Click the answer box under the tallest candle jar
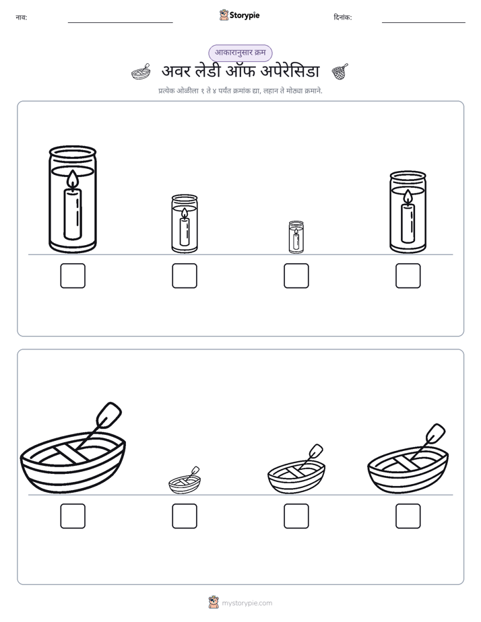click(73, 276)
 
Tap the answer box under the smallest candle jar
click(296, 276)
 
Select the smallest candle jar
click(296, 237)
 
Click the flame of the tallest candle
click(73, 178)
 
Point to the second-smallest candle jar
click(185, 223)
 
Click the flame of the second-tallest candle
click(408, 197)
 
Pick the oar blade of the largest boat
click(108, 415)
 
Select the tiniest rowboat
click(185, 481)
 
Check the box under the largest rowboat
click(73, 516)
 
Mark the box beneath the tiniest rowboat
click(185, 516)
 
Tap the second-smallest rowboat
click(296, 469)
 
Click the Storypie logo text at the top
click(245, 15)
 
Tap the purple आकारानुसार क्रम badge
click(241, 53)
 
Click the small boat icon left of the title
click(141, 72)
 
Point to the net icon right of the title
click(340, 71)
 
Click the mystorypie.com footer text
click(247, 603)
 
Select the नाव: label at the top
click(22, 18)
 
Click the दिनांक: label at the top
click(343, 18)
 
